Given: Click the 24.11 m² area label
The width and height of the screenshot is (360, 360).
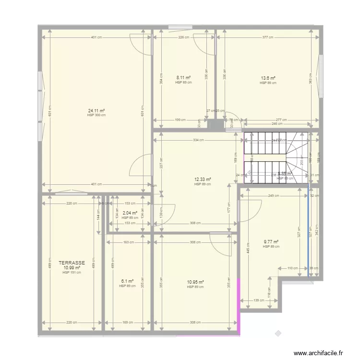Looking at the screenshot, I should point(96,110).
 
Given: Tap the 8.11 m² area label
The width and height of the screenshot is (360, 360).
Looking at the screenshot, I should point(183,77).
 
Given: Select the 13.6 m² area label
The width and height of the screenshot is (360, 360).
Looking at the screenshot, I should point(268,78).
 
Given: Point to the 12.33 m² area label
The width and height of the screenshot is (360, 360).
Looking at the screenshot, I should point(203,180).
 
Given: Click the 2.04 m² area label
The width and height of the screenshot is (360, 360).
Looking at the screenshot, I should point(130,213).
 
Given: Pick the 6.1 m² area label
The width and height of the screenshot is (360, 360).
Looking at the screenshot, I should point(127,281).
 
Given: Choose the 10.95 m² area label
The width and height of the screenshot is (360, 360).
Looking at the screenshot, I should point(195,282).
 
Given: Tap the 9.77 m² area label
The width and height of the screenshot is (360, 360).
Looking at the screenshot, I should point(271,242).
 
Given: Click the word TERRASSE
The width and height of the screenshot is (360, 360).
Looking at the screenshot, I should point(72,263).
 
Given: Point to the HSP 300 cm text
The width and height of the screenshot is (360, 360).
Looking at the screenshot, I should point(96,115).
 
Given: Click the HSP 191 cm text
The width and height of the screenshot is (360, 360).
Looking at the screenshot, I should point(72,273).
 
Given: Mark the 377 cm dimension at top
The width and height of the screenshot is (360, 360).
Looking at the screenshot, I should point(268,37).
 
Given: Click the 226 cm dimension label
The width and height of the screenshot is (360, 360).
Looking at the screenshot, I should point(183,37).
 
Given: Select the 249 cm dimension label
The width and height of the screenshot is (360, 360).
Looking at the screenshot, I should point(274,195).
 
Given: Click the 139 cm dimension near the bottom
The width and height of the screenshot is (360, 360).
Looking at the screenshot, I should point(258,300).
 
